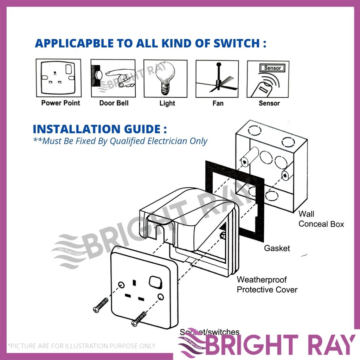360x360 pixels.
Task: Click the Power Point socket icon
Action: pos(58,78)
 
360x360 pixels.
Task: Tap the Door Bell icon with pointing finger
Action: pos(113,78)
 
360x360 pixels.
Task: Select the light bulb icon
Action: pos(166,78)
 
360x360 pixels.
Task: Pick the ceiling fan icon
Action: pos(217,78)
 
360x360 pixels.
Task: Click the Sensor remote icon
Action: pos(268,79)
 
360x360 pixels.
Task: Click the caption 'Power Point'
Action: pos(60,103)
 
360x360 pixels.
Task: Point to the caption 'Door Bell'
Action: pos(114,103)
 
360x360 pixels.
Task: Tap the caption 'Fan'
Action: pos(218,103)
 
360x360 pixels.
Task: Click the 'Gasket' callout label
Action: pos(277,248)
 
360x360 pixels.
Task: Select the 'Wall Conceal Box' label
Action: pos(321,219)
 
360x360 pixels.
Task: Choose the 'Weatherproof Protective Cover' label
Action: pos(267,285)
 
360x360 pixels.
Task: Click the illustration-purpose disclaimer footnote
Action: pos(82,346)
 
